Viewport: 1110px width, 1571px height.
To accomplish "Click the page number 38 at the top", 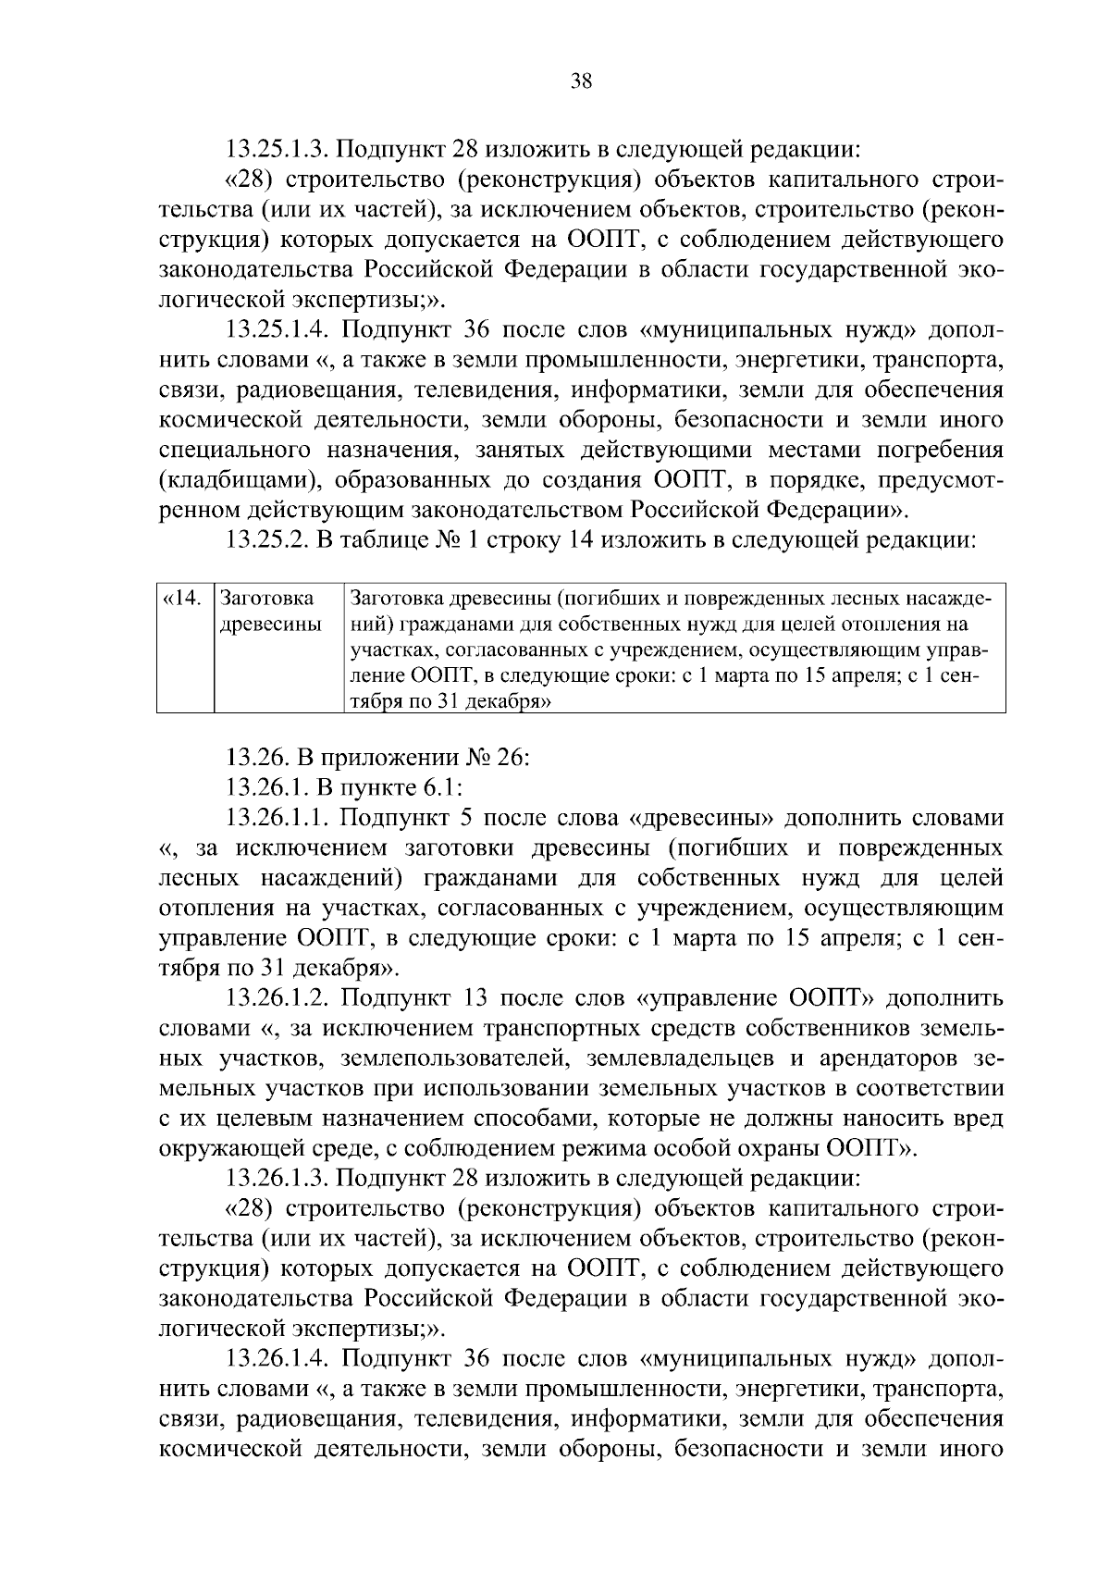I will tap(581, 80).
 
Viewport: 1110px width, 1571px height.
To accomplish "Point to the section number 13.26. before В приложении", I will tap(254, 759).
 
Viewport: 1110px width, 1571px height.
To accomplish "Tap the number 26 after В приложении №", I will tap(511, 759).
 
